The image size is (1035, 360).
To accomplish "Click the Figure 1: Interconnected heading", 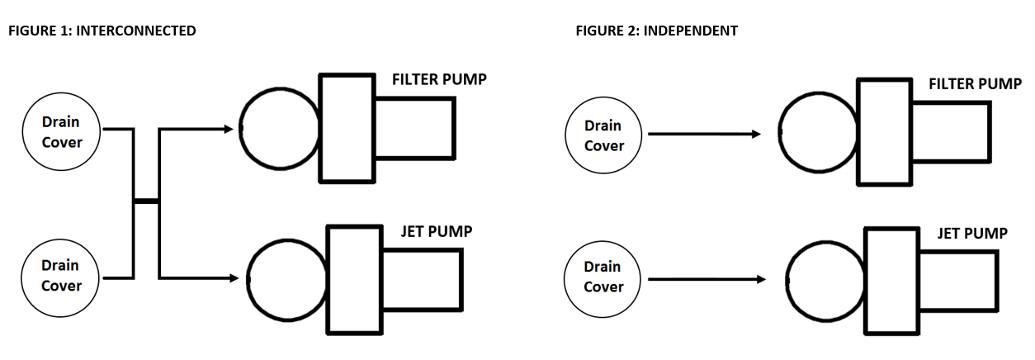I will tap(102, 31).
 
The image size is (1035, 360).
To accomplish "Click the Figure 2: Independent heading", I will tap(656, 31).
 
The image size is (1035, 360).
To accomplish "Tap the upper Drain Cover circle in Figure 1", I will tap(62, 132).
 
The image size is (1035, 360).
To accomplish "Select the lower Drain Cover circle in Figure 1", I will tap(62, 276).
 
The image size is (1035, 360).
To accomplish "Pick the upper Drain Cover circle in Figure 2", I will tap(603, 135).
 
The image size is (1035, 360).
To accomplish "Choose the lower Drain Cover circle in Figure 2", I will tap(603, 277).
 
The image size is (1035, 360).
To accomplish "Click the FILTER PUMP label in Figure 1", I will tap(439, 80).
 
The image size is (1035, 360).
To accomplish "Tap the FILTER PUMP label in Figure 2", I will tap(975, 84).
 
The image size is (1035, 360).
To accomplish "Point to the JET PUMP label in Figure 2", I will tap(972, 234).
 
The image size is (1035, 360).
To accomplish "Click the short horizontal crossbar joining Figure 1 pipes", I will tap(146, 201).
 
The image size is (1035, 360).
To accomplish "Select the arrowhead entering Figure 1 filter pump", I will tap(231, 129).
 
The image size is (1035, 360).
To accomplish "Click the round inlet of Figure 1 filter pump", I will tap(279, 128).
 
